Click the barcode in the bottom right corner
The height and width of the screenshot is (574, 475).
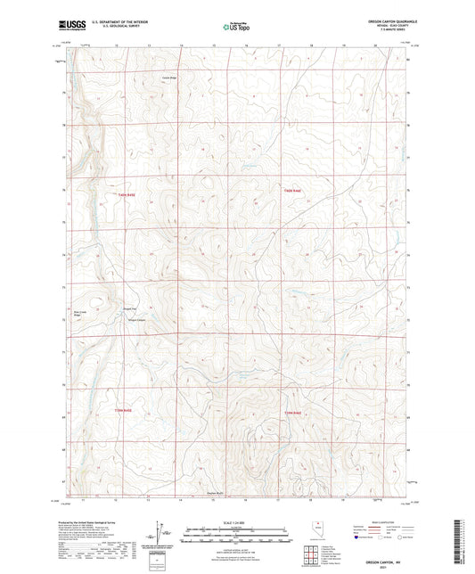coord(463,540)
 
